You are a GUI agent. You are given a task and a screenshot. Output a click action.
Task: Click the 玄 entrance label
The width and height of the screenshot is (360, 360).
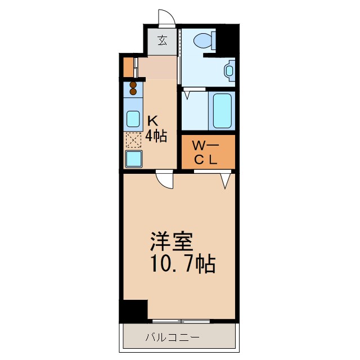(163, 40)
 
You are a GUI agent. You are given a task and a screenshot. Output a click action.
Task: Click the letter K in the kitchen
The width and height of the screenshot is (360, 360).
(152, 120)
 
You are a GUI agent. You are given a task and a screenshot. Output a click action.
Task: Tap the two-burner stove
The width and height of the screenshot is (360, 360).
(133, 88)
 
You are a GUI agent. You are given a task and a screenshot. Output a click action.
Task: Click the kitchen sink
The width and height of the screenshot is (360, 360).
(133, 119)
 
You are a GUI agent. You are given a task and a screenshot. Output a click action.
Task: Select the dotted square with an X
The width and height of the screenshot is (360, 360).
(133, 139)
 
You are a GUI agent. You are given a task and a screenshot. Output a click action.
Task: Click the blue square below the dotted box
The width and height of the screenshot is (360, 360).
(134, 159)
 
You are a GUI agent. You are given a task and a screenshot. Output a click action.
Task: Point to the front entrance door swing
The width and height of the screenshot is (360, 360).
(166, 19)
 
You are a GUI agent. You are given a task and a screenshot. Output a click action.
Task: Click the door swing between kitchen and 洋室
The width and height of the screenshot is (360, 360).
(165, 180)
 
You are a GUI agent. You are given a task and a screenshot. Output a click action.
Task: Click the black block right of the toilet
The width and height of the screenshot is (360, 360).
(226, 39)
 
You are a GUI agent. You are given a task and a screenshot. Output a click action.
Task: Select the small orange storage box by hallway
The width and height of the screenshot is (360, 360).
(128, 67)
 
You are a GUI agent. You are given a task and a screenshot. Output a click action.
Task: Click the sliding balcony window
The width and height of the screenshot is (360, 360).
(181, 320)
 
